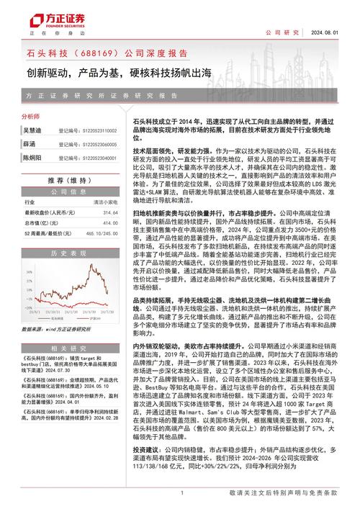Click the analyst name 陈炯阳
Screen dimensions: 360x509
[35, 156]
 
